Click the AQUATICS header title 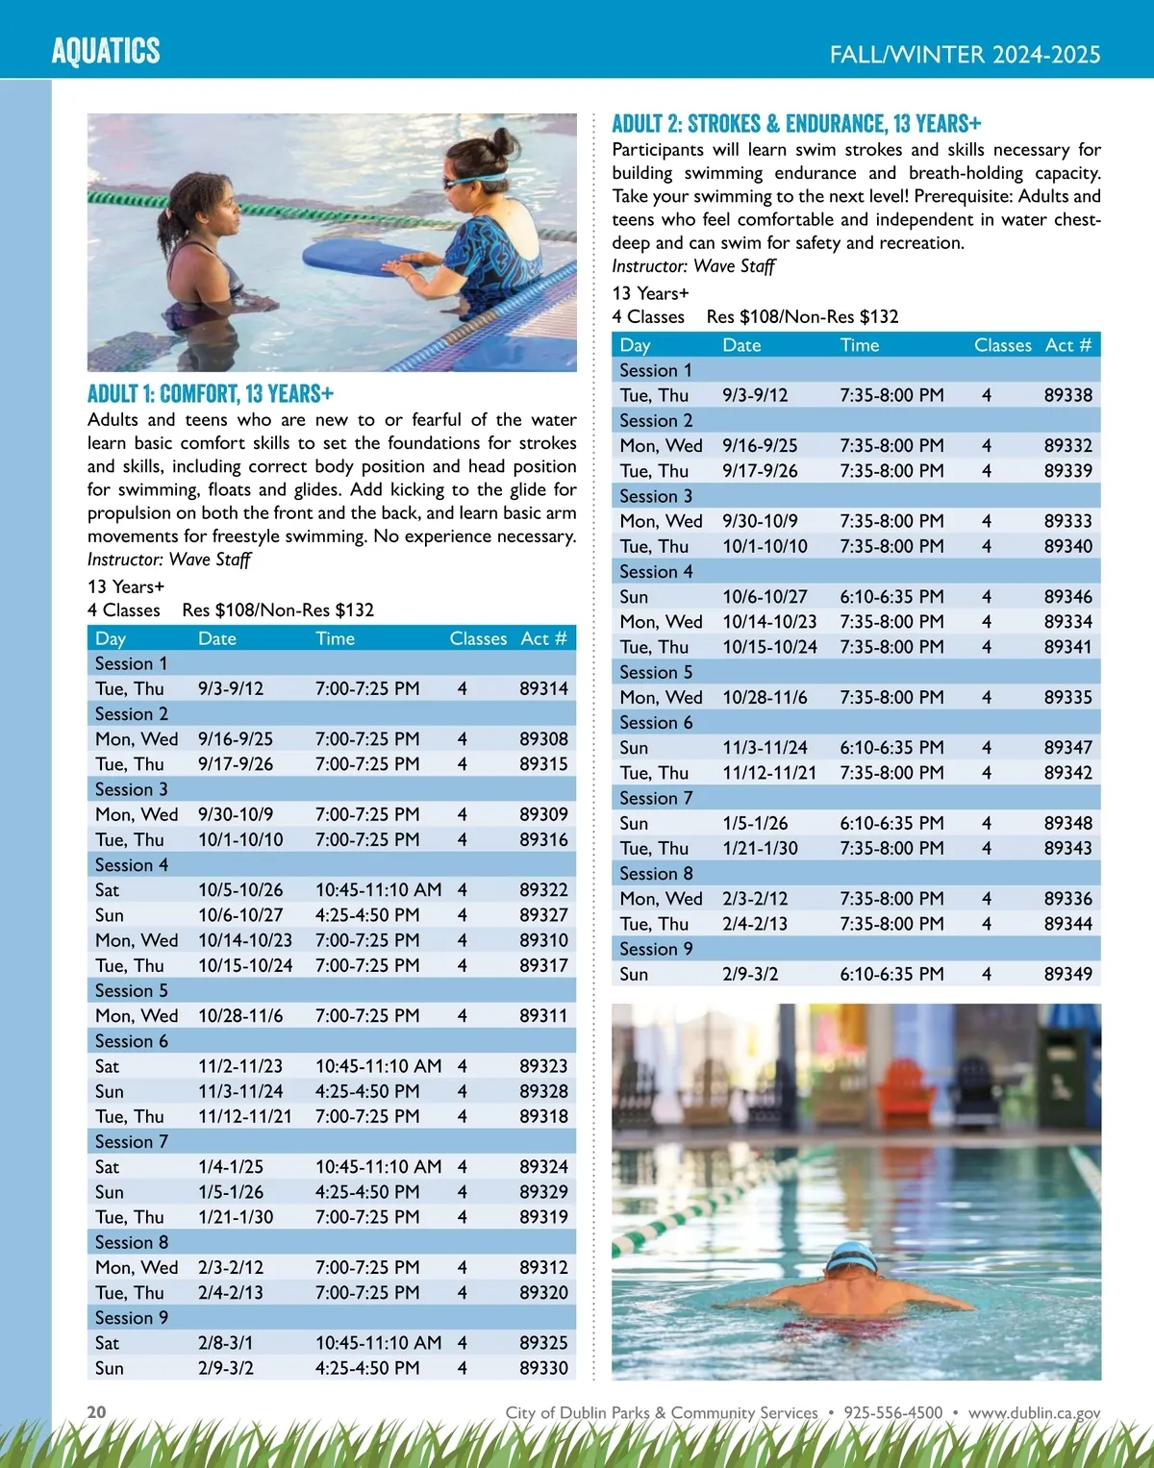coord(106,51)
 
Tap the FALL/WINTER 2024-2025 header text coord(965,55)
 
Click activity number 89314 coord(543,688)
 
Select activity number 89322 coord(543,890)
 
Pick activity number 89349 coord(1067,974)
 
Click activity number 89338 coord(1067,395)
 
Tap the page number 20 coord(97,1411)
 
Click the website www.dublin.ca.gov coord(1034,1412)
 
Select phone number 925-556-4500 coord(892,1412)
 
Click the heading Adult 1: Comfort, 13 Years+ coord(211,394)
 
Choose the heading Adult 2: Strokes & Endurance coord(796,124)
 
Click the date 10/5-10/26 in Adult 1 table coord(240,890)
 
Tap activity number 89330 coord(543,1368)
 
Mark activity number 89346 coord(1067,597)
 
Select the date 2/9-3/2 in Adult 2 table coord(750,974)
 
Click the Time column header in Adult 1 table coord(335,638)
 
